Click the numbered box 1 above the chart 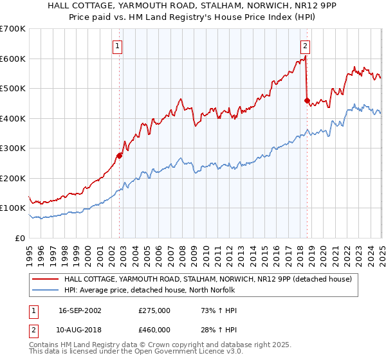coord(118,46)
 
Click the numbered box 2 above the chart coord(304,46)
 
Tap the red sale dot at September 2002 coord(119,155)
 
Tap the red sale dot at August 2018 coord(306,100)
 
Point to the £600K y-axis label coord(13,59)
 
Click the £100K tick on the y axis coord(13,208)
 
